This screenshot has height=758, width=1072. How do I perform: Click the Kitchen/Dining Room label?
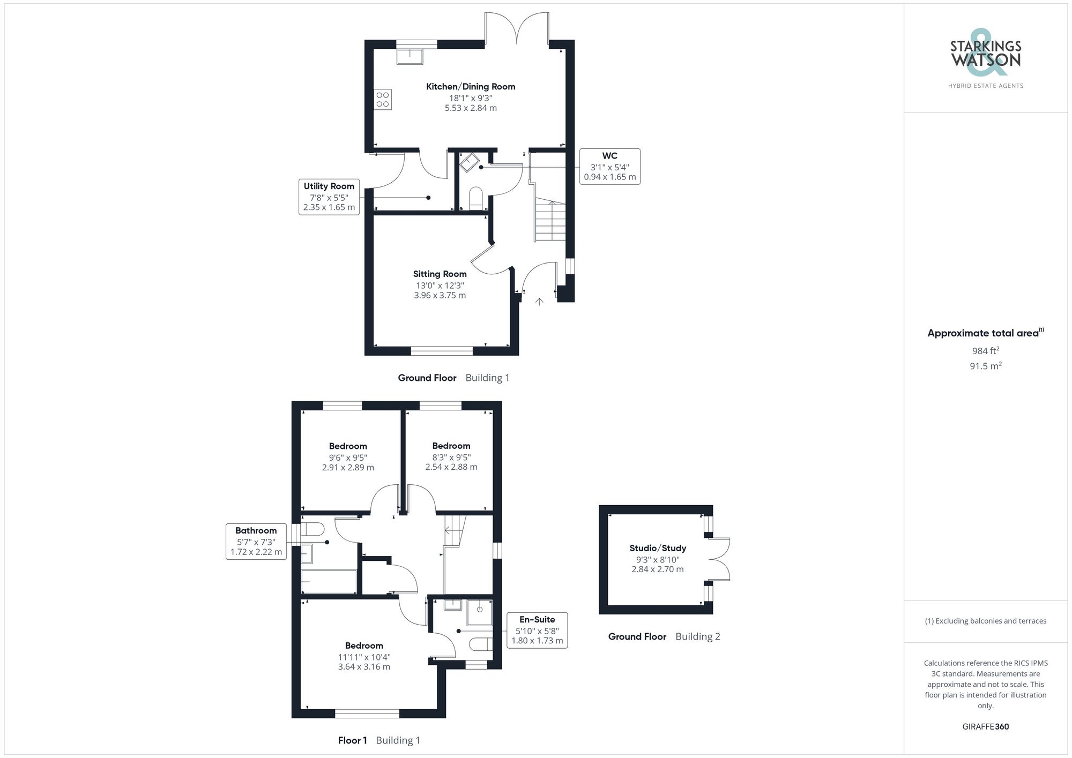(x=470, y=86)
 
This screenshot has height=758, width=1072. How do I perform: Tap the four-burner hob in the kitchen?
(x=383, y=99)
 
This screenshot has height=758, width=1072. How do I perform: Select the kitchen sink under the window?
(x=410, y=56)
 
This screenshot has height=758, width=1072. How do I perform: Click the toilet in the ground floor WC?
(x=476, y=198)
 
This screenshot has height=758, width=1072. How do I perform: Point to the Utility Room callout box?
(x=329, y=197)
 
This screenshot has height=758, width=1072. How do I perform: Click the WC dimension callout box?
(x=609, y=167)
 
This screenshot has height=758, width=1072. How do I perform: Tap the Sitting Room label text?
(x=440, y=274)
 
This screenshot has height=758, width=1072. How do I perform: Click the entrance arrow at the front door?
(x=539, y=302)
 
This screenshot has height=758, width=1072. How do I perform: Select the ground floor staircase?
(x=550, y=221)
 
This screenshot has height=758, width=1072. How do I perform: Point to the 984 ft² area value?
(x=985, y=351)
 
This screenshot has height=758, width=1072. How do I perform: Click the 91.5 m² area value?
(x=985, y=366)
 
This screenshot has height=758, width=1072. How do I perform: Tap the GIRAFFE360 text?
(x=985, y=727)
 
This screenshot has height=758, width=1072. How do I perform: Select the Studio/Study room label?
(x=657, y=548)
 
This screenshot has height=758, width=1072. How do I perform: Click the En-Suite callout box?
(x=537, y=630)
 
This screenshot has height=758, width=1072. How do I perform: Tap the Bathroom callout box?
(x=256, y=541)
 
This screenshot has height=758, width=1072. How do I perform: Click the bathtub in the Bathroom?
(x=329, y=582)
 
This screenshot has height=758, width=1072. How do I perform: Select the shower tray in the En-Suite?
(x=480, y=612)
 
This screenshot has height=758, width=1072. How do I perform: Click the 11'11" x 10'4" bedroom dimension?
(x=364, y=657)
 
